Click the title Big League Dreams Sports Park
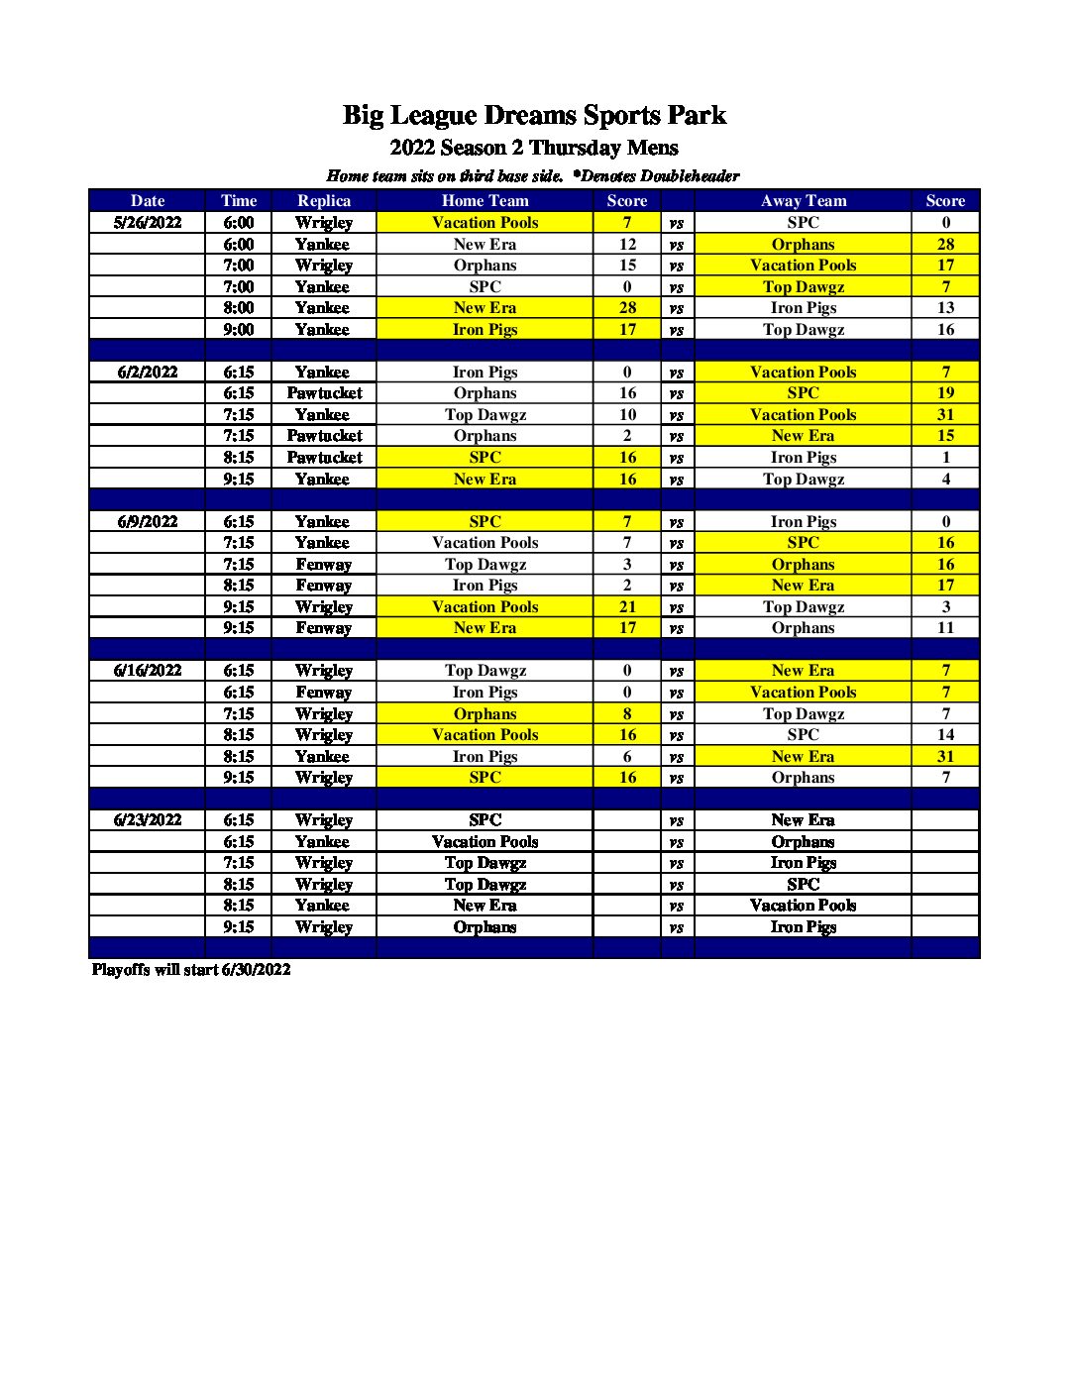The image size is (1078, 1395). [534, 116]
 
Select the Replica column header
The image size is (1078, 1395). [324, 201]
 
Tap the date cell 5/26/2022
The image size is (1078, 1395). [148, 223]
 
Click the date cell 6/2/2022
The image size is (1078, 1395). [148, 373]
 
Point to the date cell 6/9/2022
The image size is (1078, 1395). [148, 522]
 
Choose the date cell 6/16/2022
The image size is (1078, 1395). [148, 671]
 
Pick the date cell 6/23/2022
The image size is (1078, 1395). [148, 820]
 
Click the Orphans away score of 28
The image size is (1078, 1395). [945, 245]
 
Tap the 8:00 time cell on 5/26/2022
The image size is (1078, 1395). [239, 308]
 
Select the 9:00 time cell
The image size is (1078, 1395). [239, 330]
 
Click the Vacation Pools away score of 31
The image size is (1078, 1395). [945, 415]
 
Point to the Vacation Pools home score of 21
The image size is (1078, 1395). [627, 607]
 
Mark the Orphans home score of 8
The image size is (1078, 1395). [627, 714]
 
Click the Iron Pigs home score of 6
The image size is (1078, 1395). [627, 757]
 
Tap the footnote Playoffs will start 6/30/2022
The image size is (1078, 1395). [191, 970]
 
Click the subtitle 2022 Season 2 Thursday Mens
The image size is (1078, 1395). [534, 149]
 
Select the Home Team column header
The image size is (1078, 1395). [485, 201]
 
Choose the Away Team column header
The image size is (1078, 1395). [803, 201]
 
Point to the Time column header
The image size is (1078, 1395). [239, 201]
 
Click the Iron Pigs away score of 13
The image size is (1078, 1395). [945, 308]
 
